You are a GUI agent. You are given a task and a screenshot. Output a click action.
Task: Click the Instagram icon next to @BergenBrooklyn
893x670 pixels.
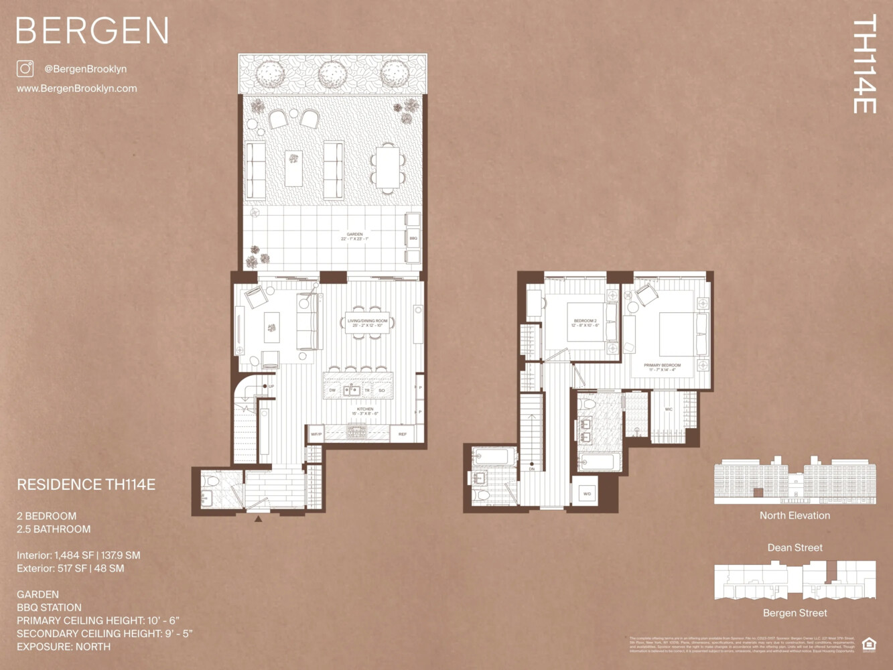point(25,68)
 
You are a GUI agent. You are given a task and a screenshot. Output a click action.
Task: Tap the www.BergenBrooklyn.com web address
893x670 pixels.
point(76,88)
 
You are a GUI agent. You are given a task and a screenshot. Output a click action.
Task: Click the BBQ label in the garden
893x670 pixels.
point(413,238)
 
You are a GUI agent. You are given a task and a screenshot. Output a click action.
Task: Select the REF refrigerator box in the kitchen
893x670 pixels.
point(403,434)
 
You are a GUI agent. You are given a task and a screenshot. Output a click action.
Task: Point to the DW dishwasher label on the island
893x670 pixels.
point(332,390)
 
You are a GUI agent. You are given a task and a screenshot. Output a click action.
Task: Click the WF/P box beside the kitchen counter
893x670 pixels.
point(316,434)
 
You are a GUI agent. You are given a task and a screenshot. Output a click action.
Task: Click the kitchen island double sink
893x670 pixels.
point(352,390)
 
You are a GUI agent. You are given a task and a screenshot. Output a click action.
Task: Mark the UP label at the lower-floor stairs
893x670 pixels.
point(271,387)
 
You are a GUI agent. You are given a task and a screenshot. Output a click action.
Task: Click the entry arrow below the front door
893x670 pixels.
point(259,518)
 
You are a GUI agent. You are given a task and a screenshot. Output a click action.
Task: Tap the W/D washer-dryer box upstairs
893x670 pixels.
point(587,494)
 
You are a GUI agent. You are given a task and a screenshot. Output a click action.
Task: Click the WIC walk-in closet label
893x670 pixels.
point(669,409)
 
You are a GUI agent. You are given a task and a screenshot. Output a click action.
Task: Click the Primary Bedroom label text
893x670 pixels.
point(662,366)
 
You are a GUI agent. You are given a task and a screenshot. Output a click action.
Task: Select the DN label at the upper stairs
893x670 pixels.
point(532,469)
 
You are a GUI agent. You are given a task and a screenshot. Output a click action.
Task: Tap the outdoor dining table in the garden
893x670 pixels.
point(387,167)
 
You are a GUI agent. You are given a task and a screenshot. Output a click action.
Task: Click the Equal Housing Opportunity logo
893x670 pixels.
point(868,645)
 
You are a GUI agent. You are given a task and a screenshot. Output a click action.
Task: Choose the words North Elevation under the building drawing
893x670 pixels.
point(795,515)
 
